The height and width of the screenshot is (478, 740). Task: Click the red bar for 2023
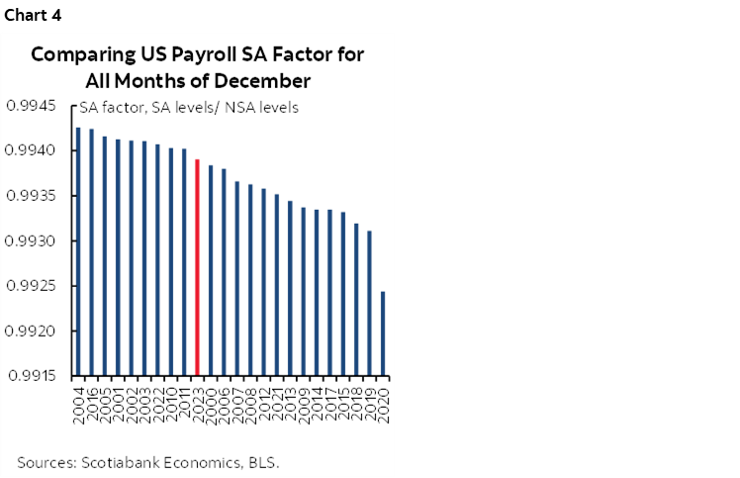[x=197, y=267]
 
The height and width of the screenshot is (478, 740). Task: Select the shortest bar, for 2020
[x=382, y=334]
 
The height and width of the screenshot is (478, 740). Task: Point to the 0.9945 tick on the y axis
[x=34, y=106]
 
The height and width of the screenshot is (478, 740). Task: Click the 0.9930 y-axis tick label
[x=34, y=241]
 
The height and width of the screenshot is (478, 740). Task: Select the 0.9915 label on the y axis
[x=34, y=376]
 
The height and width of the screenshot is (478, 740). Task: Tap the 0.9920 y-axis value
[x=34, y=332]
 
